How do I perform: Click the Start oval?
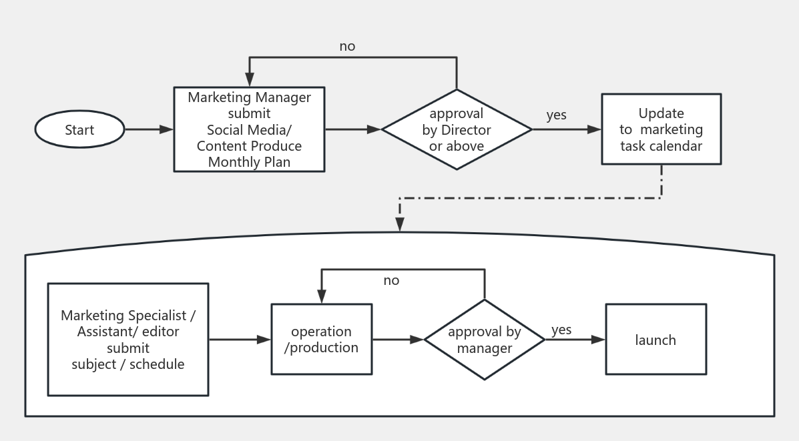tap(79, 130)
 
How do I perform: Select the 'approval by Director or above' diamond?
tap(457, 129)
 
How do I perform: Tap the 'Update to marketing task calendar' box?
tap(661, 129)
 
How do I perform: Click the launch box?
tap(655, 340)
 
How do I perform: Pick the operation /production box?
tap(321, 340)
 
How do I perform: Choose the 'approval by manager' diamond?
tap(485, 340)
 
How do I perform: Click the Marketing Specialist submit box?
tap(128, 340)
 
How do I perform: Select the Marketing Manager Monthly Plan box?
tap(249, 129)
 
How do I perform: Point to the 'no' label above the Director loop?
tap(347, 46)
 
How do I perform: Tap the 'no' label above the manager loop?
tap(391, 280)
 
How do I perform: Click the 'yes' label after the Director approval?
tap(556, 115)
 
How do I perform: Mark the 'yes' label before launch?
tap(561, 330)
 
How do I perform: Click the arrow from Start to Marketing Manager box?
tap(149, 130)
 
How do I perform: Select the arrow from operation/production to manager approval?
tap(398, 340)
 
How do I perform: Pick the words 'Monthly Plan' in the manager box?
tap(249, 161)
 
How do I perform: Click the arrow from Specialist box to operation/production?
tap(240, 340)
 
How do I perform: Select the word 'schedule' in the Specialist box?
tap(157, 364)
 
